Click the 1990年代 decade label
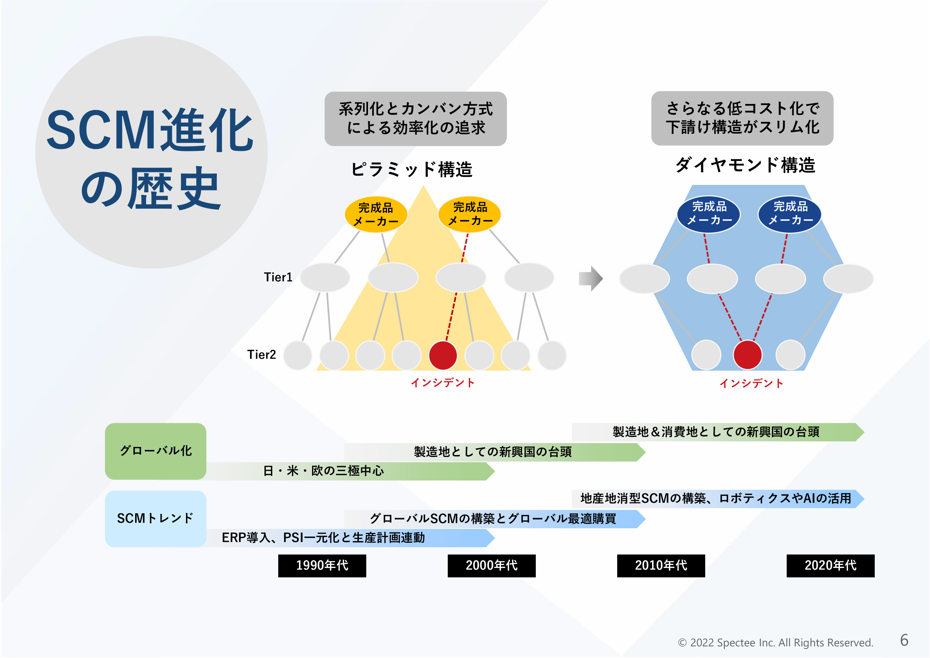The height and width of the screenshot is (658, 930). point(322,566)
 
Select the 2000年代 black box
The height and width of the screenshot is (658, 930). point(491,566)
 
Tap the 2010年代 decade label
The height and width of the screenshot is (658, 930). point(661,566)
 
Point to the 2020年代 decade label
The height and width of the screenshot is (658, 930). point(830,566)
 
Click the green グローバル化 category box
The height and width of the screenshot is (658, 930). point(155,451)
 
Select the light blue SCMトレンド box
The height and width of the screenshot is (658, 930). point(155,518)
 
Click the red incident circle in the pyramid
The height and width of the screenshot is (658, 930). point(443,356)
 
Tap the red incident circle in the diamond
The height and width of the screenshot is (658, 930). point(747,355)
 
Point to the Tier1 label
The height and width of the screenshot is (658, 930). point(278,277)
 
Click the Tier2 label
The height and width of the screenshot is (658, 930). point(261,355)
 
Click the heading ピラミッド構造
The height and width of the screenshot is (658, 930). point(412,169)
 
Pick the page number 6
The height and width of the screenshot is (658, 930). point(904,641)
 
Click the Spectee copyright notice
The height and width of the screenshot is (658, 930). point(775,643)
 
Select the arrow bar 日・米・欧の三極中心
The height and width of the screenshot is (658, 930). point(348,471)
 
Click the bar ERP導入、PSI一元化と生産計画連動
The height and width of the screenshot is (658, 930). point(348,538)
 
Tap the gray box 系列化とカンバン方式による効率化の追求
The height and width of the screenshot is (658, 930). point(416,119)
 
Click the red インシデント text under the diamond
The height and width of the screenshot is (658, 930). point(751,383)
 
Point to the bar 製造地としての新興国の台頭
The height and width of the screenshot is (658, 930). point(493,452)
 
